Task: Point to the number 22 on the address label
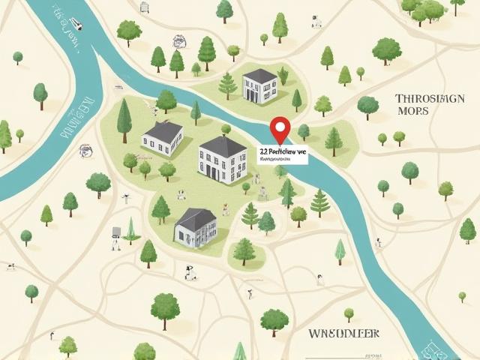pos(263,151)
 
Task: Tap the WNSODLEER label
pos(344,332)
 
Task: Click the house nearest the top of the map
pos(259,85)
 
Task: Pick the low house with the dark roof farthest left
pos(163,139)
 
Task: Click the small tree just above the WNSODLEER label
pos(349,313)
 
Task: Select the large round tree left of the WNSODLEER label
pos(274,321)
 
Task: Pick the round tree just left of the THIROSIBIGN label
pos(367,106)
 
